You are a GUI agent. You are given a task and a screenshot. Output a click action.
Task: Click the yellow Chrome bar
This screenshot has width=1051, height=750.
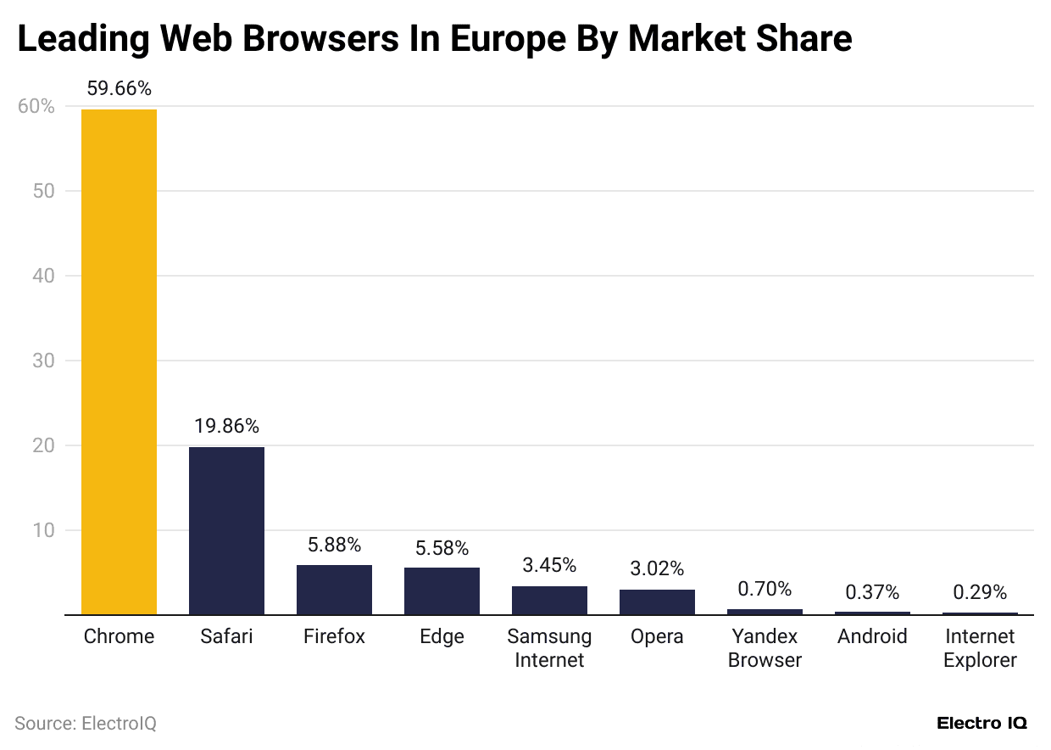[119, 361]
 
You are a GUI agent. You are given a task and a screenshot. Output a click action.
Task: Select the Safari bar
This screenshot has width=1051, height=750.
[226, 530]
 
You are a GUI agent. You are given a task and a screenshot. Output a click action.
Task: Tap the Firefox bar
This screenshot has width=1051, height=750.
[334, 590]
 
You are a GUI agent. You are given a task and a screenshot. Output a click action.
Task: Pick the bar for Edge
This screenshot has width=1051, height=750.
[442, 591]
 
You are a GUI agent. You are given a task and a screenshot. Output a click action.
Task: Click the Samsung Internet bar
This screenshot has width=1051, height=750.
[549, 600]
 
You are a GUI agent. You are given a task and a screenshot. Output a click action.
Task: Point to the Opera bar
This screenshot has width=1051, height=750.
[657, 602]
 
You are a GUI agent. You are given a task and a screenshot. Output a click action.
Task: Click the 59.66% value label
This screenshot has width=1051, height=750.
[119, 89]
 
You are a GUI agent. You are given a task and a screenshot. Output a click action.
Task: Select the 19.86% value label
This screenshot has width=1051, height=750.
[226, 427]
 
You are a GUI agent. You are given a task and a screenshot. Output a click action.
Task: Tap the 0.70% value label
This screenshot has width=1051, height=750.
[765, 589]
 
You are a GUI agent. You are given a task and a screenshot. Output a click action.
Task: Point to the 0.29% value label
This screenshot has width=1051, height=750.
[980, 592]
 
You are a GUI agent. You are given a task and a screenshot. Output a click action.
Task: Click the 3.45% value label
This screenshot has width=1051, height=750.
[549, 565]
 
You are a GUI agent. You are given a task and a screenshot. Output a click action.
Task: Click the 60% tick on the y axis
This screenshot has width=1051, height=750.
[36, 107]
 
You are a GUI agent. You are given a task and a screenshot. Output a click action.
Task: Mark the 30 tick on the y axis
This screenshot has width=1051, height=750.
[43, 361]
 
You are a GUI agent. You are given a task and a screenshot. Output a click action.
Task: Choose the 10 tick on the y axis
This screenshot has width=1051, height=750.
[43, 530]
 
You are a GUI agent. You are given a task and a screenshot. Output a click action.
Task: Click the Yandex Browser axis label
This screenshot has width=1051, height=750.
[765, 648]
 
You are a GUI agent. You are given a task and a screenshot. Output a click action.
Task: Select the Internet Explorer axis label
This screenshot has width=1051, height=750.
[980, 648]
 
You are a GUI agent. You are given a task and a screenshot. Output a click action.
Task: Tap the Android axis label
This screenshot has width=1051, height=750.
[872, 636]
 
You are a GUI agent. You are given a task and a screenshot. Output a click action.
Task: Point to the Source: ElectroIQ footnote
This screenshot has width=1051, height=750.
[86, 724]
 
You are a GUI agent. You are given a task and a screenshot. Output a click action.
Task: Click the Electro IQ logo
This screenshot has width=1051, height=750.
[981, 724]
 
